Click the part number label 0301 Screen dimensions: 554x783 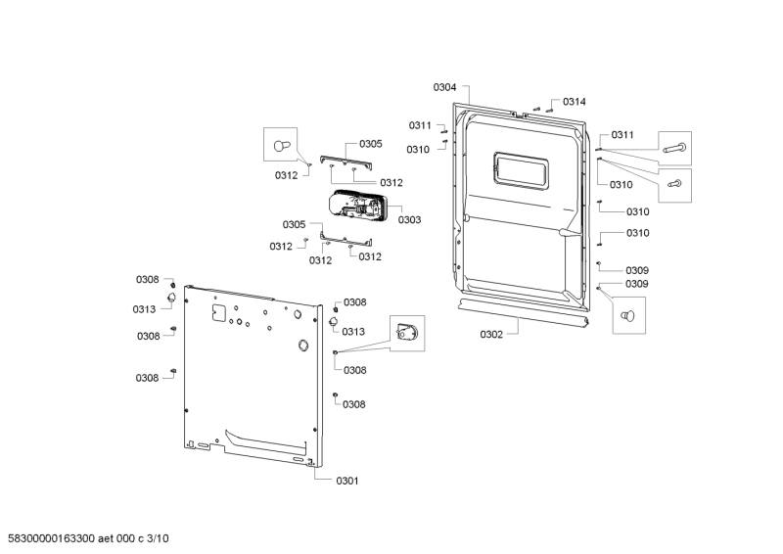(x=347, y=482)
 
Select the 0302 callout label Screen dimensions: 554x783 (x=491, y=335)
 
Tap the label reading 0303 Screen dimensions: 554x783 (x=409, y=220)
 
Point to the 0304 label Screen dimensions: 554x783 (x=444, y=87)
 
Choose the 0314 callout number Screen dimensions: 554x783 (x=575, y=102)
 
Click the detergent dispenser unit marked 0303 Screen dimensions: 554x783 (x=359, y=208)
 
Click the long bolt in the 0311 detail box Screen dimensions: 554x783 (x=673, y=149)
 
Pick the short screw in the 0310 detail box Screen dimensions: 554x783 (x=673, y=183)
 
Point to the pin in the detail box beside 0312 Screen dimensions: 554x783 (x=282, y=145)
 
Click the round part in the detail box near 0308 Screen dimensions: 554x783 (x=406, y=334)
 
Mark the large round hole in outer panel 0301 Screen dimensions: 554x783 (x=302, y=345)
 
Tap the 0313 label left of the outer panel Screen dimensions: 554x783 (x=145, y=309)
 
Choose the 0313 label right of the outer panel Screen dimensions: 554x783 (x=353, y=332)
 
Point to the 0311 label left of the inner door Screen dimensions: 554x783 (x=420, y=125)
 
